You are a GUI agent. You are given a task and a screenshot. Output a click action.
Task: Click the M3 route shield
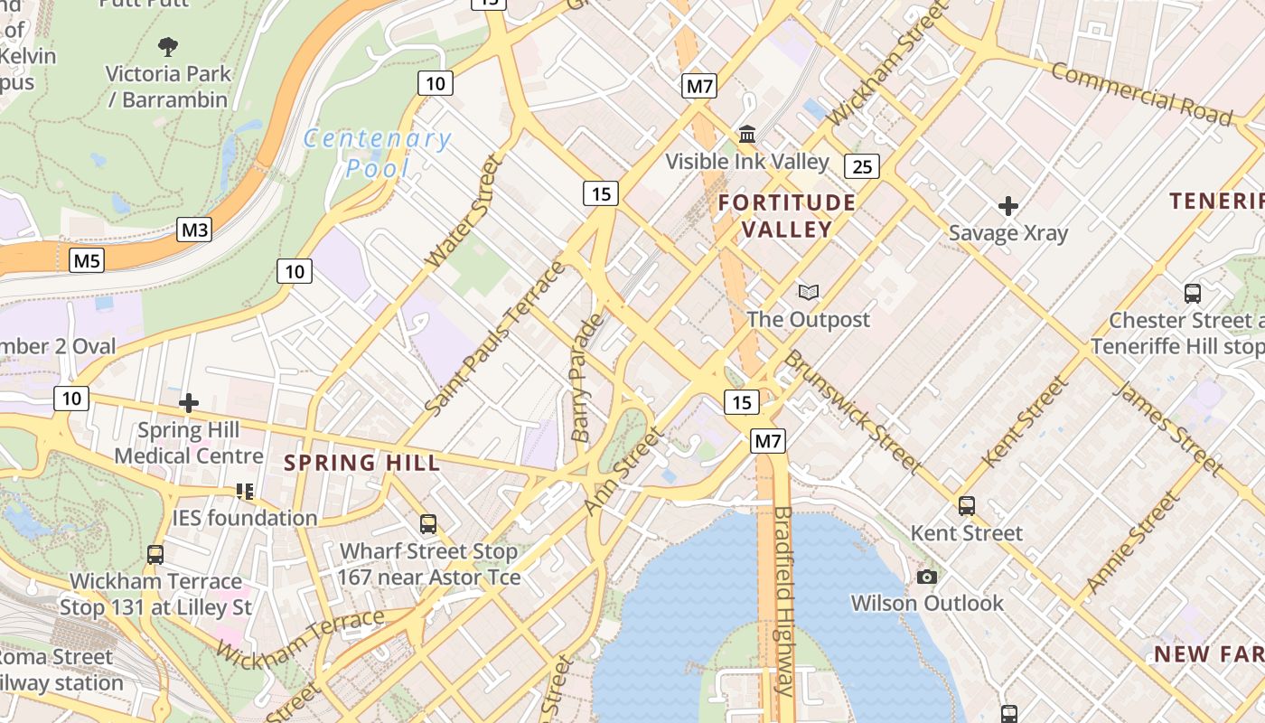(194, 230)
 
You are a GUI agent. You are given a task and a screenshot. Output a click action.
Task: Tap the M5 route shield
(87, 261)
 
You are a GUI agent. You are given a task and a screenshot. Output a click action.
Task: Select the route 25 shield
(863, 165)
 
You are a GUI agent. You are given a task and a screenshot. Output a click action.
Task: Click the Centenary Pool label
(377, 153)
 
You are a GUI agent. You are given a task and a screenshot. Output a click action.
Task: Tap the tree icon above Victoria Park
(167, 46)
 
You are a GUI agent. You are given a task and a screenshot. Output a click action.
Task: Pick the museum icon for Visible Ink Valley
(747, 135)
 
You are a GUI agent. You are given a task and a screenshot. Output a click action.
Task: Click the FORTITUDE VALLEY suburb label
(786, 215)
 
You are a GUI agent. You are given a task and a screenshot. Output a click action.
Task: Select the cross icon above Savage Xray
(1008, 206)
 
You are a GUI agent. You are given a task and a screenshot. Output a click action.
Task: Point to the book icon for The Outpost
(808, 292)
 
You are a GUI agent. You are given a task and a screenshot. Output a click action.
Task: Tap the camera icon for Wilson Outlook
(926, 577)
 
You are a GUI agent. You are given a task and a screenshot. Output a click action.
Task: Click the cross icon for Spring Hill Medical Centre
(189, 403)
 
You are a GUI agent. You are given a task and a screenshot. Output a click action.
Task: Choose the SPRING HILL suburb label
(361, 464)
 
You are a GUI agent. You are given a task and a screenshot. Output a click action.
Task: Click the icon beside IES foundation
(244, 491)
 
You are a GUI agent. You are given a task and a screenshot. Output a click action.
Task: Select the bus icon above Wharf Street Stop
(428, 524)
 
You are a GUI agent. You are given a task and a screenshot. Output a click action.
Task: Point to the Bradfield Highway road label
(782, 601)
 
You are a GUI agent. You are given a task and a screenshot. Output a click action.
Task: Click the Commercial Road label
(1140, 94)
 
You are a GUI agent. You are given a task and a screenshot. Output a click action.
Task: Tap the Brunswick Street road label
(851, 412)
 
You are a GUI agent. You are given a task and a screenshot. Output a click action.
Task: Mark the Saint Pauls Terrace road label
(495, 339)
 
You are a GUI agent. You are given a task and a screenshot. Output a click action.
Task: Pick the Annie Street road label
(1133, 542)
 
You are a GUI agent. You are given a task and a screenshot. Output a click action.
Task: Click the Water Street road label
(463, 211)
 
